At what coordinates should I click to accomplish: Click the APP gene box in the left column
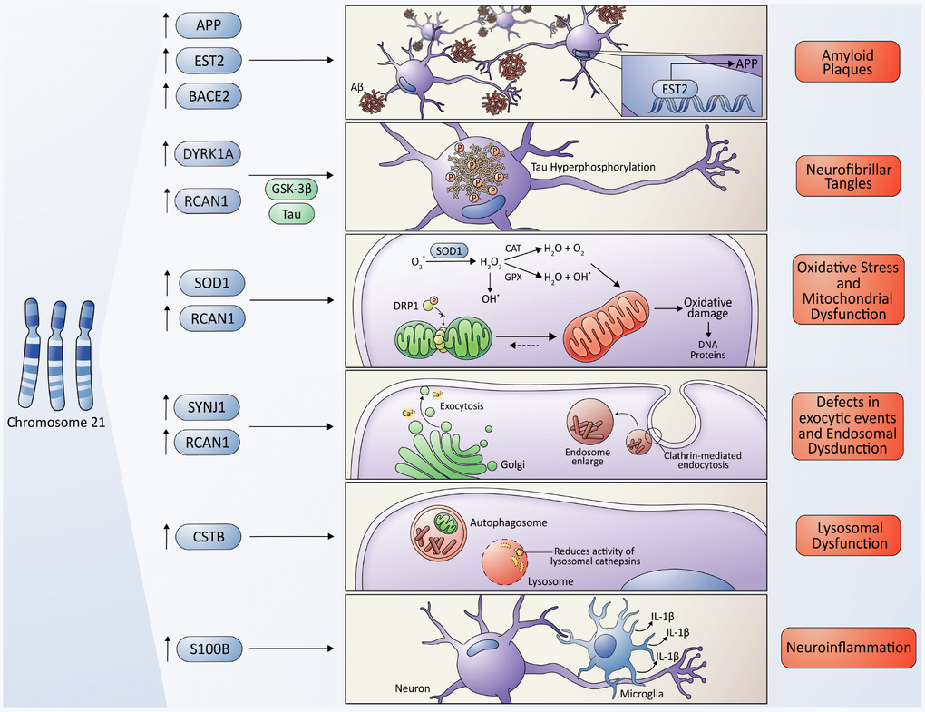(208, 24)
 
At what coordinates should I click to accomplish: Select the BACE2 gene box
(208, 94)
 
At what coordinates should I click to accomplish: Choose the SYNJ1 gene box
(208, 407)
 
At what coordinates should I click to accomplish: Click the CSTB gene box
(208, 537)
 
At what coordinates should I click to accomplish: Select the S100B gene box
(208, 649)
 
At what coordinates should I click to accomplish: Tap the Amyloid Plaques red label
(847, 61)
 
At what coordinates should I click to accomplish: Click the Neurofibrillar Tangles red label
(847, 175)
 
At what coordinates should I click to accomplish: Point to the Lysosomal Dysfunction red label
(847, 535)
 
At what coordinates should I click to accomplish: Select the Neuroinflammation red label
(847, 648)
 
